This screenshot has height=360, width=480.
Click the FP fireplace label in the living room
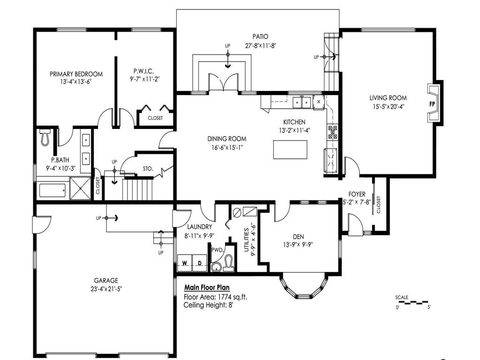(432, 104)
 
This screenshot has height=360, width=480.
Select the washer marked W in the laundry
(185, 263)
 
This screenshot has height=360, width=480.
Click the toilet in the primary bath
(45, 136)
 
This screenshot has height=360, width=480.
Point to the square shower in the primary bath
(81, 189)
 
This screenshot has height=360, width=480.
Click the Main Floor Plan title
(207, 288)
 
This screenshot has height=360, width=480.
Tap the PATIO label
(259, 37)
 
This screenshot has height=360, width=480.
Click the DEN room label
(299, 237)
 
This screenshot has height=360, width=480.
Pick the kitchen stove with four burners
(332, 132)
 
